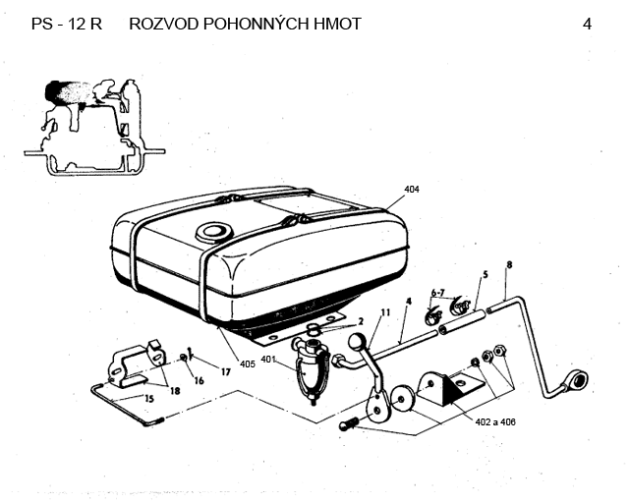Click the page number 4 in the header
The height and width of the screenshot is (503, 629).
587,24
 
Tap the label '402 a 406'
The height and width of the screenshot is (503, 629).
493,421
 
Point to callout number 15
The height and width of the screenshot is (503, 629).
147,399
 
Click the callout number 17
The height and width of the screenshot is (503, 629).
225,371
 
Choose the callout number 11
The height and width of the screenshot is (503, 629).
385,312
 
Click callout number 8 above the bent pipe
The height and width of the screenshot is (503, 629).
509,265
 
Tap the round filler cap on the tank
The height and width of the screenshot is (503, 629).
211,233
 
